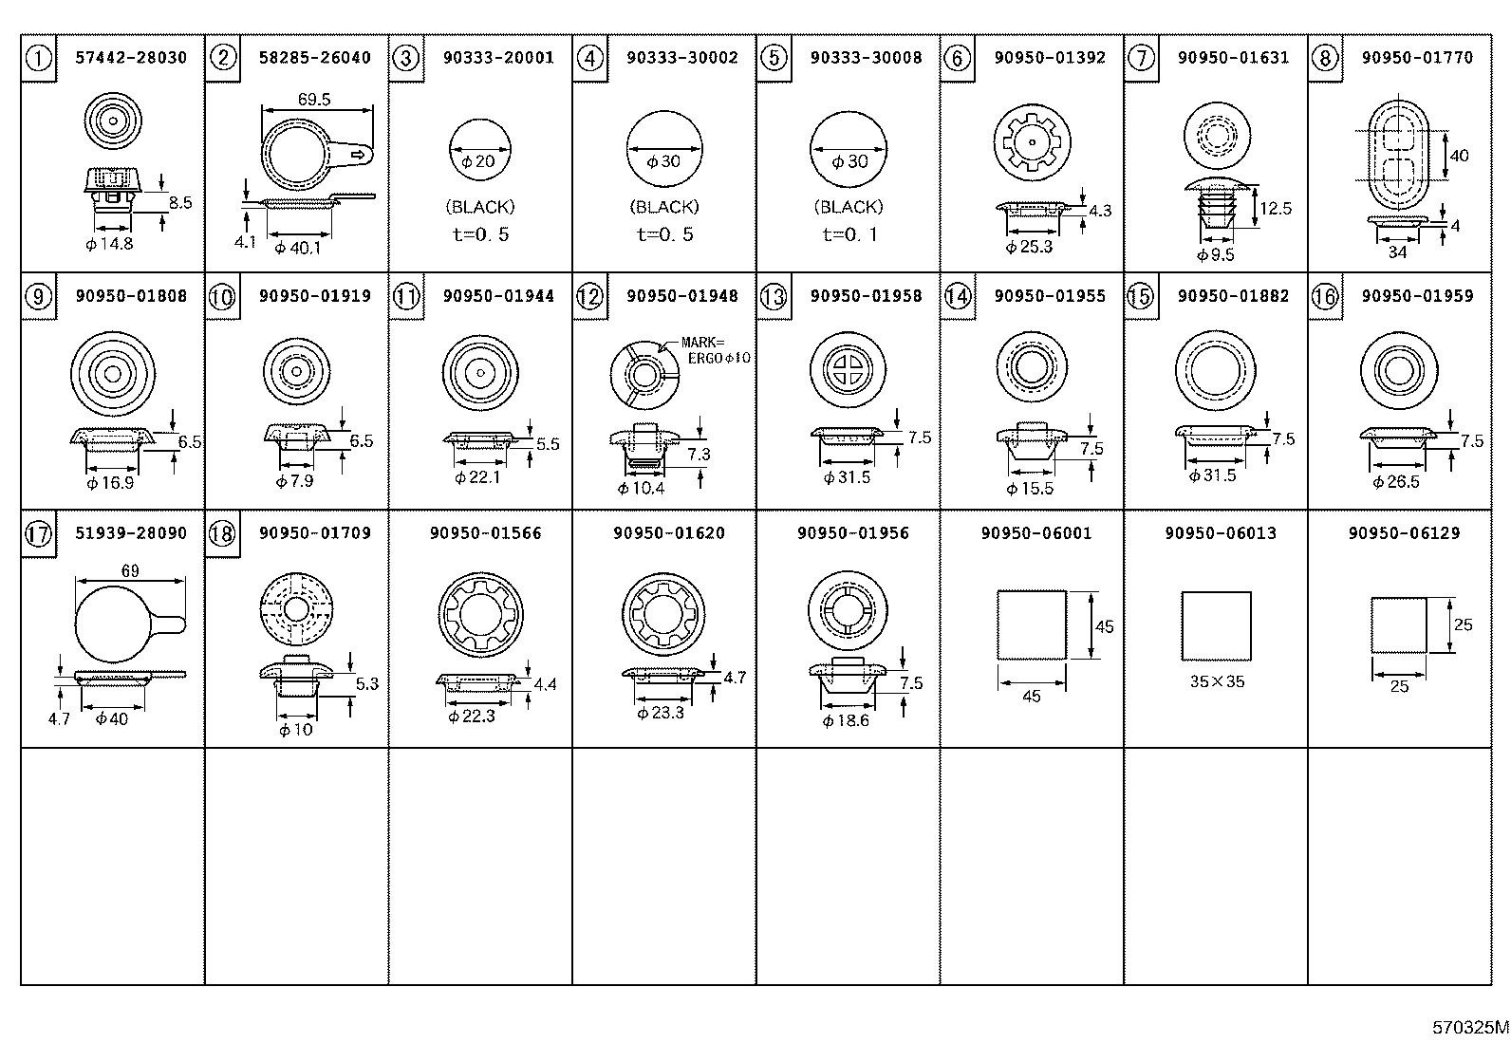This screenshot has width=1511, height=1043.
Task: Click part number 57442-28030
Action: (x=131, y=58)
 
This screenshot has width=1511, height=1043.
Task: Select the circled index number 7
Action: (x=1141, y=58)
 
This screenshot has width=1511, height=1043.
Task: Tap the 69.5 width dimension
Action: (x=313, y=99)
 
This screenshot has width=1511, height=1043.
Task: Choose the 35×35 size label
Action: (x=1216, y=681)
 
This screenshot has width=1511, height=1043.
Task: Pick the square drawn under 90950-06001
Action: (x=1032, y=624)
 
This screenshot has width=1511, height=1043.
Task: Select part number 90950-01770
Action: (x=1417, y=58)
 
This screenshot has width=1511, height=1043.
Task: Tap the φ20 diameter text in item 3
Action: (x=480, y=161)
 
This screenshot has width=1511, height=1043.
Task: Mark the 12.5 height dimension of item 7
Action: (x=1276, y=208)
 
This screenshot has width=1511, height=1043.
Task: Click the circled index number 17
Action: (x=38, y=534)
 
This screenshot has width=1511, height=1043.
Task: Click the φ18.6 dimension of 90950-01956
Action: (x=846, y=721)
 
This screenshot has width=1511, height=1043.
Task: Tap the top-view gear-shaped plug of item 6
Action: (x=1032, y=141)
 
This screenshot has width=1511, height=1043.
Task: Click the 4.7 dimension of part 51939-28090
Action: (x=59, y=718)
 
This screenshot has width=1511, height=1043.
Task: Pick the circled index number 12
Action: (x=589, y=296)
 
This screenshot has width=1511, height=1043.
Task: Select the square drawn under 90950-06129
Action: (x=1399, y=624)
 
